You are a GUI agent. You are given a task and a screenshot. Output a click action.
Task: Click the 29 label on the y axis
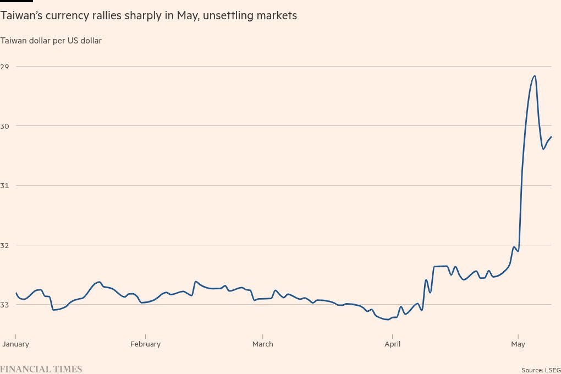point(5,67)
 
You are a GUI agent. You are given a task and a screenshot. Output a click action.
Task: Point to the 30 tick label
point(5,126)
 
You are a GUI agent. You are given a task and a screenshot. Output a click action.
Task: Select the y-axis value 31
point(5,185)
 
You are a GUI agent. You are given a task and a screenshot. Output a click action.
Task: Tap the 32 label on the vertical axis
point(5,245)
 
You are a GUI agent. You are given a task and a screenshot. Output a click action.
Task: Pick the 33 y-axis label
point(5,304)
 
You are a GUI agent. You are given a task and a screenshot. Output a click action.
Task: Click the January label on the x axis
point(16,344)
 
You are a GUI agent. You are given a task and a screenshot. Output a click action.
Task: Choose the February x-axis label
point(145,344)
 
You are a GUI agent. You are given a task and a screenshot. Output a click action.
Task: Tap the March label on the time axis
point(262,344)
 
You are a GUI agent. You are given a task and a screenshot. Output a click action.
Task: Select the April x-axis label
point(392,344)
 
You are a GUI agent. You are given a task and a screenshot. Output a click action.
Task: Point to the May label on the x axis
point(518,344)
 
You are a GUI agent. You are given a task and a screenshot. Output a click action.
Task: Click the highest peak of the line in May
point(535,76)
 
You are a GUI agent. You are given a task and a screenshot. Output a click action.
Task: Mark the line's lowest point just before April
point(388,319)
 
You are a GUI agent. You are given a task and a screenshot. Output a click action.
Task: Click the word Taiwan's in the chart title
point(23,16)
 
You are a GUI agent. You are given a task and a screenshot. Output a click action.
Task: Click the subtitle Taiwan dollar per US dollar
point(51,41)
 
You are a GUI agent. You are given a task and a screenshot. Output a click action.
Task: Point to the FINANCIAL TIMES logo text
point(41,369)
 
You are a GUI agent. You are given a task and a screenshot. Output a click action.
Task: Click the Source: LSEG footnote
point(541,370)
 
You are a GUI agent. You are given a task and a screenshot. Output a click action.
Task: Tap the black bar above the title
point(16,1)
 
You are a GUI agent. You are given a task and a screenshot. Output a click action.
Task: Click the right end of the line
point(551,136)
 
